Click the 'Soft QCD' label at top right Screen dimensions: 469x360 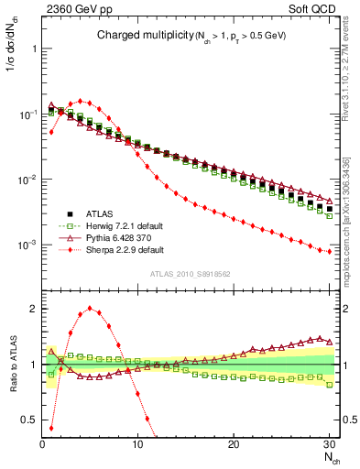(x=315, y=9)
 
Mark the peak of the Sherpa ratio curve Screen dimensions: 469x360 (x=90, y=308)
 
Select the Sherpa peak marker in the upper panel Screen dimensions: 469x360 (x=81, y=101)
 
